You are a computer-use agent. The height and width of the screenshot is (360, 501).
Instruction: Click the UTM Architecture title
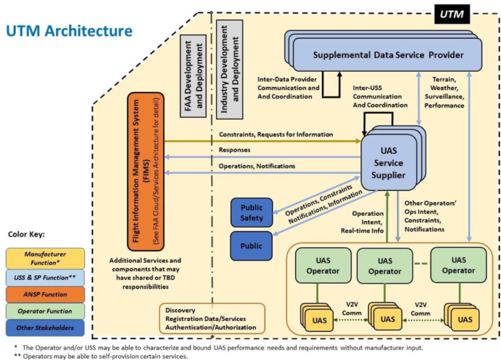tap(68, 31)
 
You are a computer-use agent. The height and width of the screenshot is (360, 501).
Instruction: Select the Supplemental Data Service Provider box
tap(387, 55)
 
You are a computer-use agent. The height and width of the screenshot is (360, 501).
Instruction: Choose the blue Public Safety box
tap(250, 213)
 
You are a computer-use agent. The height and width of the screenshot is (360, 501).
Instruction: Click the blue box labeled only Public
tap(250, 247)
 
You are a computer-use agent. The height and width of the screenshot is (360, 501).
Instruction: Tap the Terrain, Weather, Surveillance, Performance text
tap(448, 92)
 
